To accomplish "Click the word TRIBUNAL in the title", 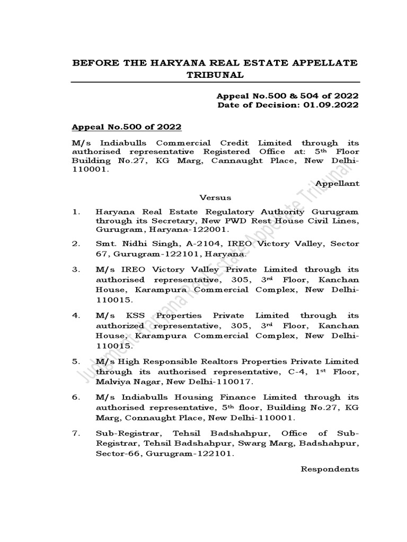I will (x=215, y=75).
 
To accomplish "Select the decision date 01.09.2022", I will (x=334, y=105).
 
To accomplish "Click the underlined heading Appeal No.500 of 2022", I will (x=127, y=127).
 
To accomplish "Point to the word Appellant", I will (x=337, y=183).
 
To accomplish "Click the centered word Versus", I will (x=215, y=197).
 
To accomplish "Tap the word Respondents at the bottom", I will (x=330, y=469).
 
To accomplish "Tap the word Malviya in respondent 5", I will (x=113, y=382).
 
